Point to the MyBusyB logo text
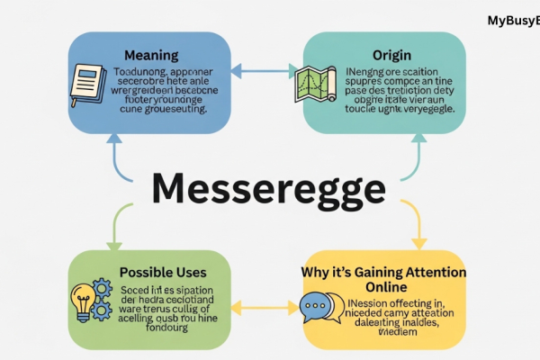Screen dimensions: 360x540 click(513, 20)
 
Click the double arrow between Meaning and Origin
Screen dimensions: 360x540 click(265, 68)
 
